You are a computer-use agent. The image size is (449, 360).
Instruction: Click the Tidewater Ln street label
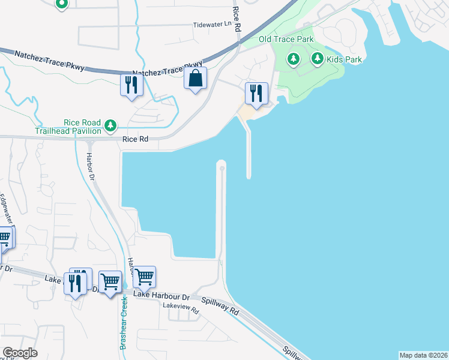[x=211, y=25]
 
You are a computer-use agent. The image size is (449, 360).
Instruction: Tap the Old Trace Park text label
[x=286, y=40]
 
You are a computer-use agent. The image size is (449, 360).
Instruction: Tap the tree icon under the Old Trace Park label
[x=293, y=58]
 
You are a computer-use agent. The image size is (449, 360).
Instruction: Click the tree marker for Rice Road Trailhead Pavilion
[x=110, y=125]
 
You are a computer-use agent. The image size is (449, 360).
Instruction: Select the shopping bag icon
[x=196, y=78]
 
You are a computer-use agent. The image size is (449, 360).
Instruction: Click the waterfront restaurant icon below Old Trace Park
[x=256, y=94]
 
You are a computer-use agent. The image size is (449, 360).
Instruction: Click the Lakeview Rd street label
[x=181, y=306]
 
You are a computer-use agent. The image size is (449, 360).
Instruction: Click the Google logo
[x=20, y=353]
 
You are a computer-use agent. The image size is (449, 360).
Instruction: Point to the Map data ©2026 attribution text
[x=423, y=355]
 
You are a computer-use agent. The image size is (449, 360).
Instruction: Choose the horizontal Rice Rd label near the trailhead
[x=135, y=139]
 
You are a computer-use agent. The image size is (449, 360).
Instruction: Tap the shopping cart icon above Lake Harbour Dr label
[x=145, y=277]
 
